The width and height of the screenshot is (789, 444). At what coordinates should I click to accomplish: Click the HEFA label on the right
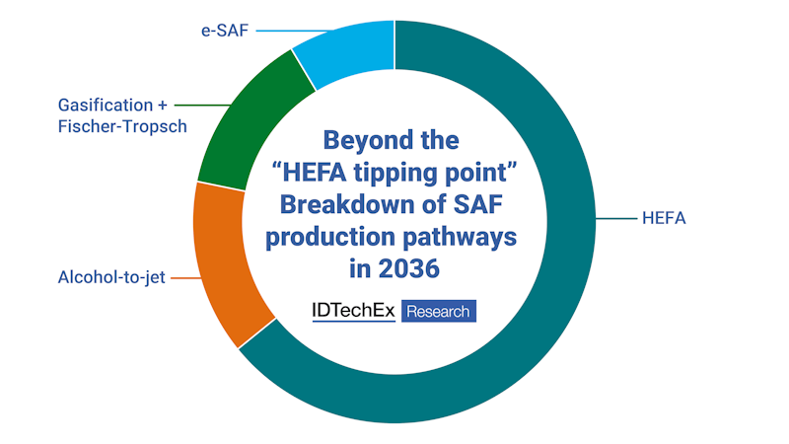pos(664,218)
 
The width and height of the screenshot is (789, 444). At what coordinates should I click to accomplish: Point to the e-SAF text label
pos(225,31)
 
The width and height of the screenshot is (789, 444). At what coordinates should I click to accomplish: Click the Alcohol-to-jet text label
pos(111,277)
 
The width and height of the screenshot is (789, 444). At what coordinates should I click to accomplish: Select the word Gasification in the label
pos(106,106)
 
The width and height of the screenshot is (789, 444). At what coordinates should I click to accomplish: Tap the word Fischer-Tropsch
pos(122,126)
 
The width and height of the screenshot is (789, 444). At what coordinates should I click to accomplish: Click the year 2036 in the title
pos(409,268)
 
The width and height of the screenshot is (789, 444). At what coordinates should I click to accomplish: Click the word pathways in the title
pos(461,238)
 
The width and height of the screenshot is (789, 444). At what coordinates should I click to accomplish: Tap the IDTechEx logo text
pos(354,311)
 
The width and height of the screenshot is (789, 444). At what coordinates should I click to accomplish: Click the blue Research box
pos(439,311)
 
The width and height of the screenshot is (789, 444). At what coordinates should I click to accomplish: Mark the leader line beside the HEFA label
pos(616,218)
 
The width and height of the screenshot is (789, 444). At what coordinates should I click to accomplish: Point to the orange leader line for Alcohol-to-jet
pos(186,278)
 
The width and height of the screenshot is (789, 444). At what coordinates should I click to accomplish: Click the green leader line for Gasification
pos(202,106)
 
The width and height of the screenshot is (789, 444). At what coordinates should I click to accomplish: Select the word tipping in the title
pos(391,173)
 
